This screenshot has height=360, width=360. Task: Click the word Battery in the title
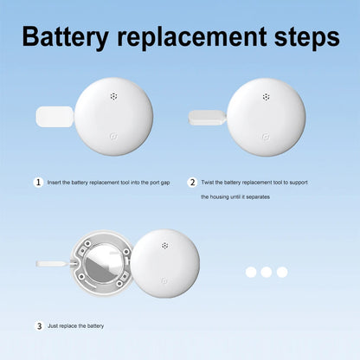coord(66,37)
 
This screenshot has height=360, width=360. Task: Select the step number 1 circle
coord(38,183)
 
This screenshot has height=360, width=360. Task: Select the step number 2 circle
coord(192,183)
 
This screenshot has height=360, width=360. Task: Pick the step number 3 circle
coord(39,326)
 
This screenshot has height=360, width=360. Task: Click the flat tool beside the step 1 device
coord(55,117)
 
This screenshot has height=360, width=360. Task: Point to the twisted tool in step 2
coord(207,118)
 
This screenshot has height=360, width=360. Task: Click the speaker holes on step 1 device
coord(114,96)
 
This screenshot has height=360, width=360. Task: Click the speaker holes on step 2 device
coord(266,97)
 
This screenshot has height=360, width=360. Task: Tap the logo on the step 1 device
coord(114,136)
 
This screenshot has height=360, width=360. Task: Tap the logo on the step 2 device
coord(266,137)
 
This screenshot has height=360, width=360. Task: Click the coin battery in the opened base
coord(104,263)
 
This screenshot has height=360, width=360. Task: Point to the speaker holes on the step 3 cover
coord(164,246)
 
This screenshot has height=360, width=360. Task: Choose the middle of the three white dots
coord(267,272)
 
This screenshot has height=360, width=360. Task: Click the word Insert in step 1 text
coord(55,183)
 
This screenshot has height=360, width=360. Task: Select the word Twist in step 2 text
coord(208,183)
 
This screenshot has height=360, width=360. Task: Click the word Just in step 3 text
coord(53,326)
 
